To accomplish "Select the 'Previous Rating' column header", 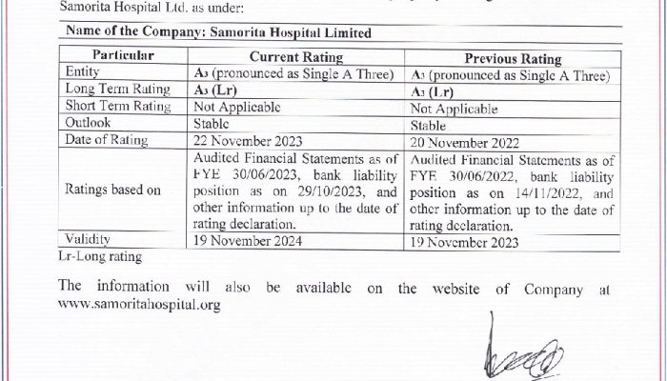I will (513, 57).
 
